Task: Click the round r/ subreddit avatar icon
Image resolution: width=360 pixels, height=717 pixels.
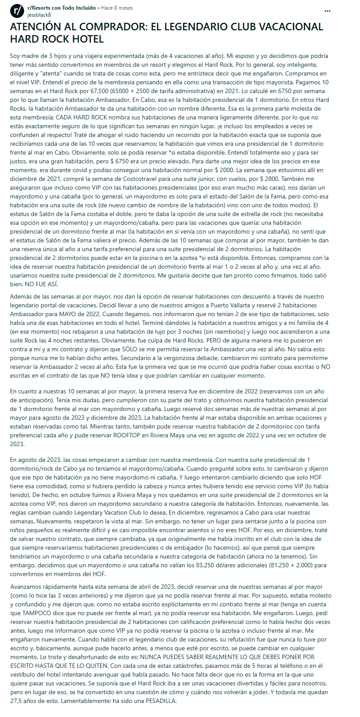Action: (17, 11)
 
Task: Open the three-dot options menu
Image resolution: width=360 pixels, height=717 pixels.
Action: (327, 11)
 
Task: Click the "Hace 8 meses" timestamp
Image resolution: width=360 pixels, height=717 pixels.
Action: (117, 8)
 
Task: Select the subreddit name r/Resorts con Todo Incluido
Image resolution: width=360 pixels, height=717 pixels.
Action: (61, 8)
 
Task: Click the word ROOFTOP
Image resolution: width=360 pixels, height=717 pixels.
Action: (127, 435)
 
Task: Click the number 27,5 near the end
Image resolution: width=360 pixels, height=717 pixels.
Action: (18, 701)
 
